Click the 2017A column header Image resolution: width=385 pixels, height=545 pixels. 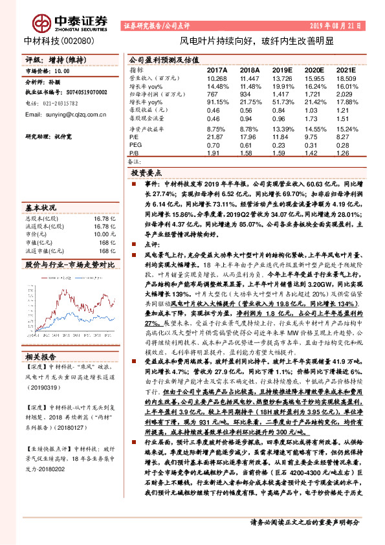[x=217, y=69]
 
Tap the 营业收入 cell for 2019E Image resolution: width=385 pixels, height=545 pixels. [x=283, y=77]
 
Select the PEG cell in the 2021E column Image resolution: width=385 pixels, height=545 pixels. [x=346, y=146]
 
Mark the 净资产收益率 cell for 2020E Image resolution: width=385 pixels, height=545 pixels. [x=314, y=129]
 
